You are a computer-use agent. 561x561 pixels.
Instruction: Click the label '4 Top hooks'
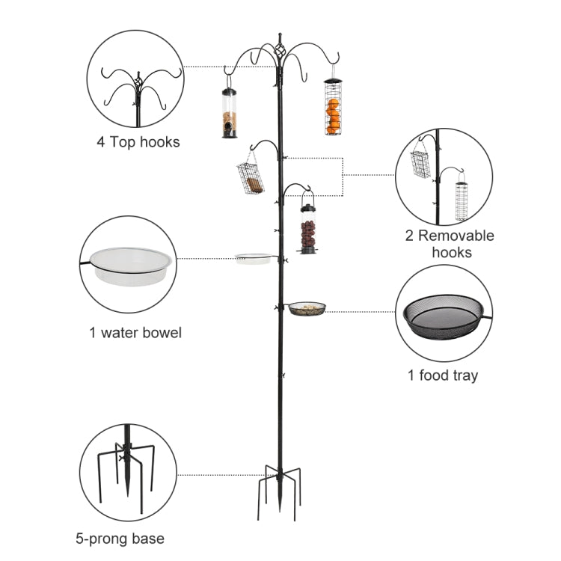pos(138,142)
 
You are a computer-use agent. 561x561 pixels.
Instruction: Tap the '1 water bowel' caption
pos(135,333)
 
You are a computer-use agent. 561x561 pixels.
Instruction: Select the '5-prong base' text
pos(120,538)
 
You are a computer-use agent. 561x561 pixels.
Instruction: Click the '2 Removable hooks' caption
pos(450,244)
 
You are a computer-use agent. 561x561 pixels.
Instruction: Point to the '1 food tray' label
pos(443,375)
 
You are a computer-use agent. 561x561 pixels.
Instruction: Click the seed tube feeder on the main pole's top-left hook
pos(230,114)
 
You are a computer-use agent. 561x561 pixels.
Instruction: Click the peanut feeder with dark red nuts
pos(307,228)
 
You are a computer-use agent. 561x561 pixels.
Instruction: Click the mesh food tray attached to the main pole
pos(307,308)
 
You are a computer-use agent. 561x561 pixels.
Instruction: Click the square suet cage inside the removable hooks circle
pos(420,163)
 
